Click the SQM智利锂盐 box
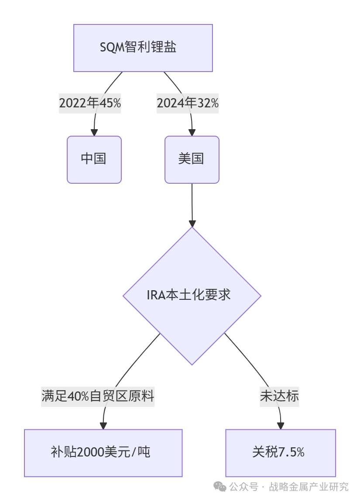pos(143,48)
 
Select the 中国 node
pos(94,159)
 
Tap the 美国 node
pos(192,159)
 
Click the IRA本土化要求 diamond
pos(192,295)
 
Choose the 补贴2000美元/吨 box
pos(103,453)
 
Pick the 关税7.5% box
pos(280,453)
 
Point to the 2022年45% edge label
pos(90,103)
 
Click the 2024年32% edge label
pos(188,103)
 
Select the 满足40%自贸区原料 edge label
pos(98,396)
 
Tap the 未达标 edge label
pos(279,396)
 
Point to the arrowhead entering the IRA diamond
pos(192,223)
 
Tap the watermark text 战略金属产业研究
pos(309,487)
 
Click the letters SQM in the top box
pos(112,48)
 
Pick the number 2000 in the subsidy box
pos(90,453)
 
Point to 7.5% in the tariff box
pos(291,453)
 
